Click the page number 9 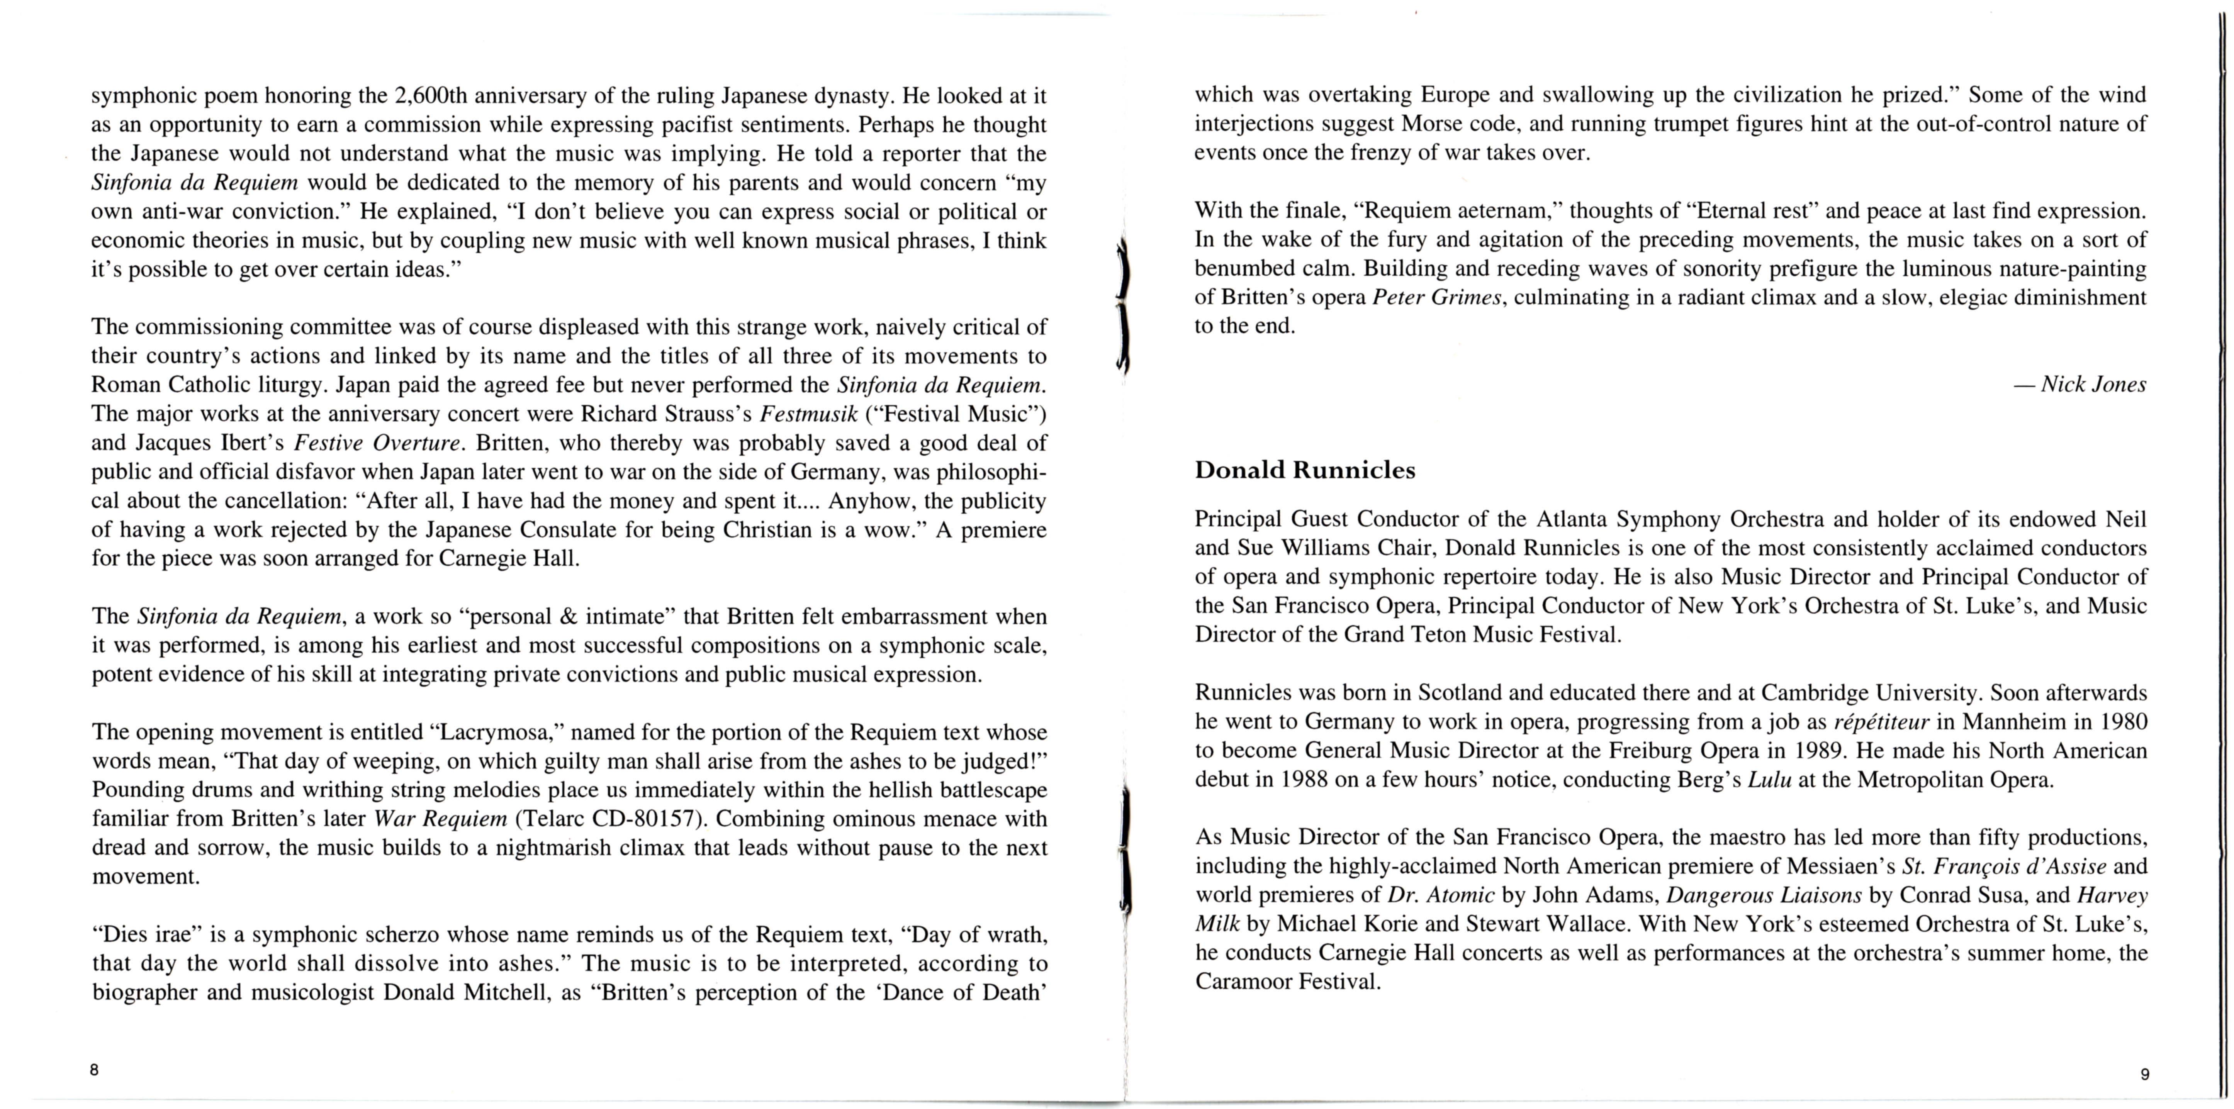2145,1074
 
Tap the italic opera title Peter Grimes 1436,297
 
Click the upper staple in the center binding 1123,304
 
